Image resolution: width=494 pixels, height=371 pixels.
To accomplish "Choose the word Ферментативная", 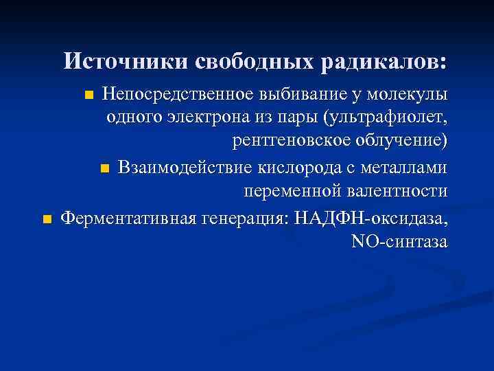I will click(x=128, y=218).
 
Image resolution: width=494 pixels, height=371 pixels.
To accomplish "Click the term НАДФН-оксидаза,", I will click(x=370, y=218).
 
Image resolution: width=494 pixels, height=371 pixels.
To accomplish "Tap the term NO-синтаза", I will click(x=399, y=242).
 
